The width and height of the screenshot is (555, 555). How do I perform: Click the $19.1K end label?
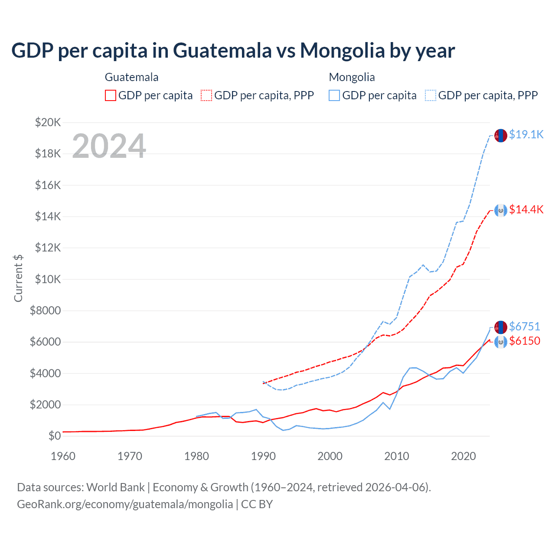pos(526,134)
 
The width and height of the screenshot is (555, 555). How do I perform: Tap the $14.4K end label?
pos(526,209)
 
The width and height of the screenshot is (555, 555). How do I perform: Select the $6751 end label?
pos(524,326)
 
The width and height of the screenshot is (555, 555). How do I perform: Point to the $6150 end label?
pos(524,341)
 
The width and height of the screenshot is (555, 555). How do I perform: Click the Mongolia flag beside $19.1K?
pos(501,135)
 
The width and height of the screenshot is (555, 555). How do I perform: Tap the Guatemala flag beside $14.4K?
pos(501,210)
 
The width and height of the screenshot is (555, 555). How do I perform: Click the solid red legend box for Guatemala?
pos(111,95)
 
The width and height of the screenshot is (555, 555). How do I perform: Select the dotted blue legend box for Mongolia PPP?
pos(431,95)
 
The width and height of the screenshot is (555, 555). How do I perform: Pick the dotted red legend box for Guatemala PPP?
pos(206,95)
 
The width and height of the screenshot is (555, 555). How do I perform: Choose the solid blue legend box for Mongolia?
pos(334,95)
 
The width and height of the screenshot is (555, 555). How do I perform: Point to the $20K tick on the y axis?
pos(48,122)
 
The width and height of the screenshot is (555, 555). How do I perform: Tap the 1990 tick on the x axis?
pos(263,456)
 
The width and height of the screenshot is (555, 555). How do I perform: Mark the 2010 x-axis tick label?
pos(397,456)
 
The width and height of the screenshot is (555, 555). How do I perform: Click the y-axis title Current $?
pos(18,278)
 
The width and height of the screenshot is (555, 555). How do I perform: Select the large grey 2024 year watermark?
pos(109,146)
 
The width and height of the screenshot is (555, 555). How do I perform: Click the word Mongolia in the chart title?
pos(342,50)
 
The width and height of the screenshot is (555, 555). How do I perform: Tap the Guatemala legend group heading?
pos(131,77)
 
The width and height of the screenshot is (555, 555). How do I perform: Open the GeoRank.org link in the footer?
pos(125,504)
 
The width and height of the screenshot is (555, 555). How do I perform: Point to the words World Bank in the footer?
pos(115,487)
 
